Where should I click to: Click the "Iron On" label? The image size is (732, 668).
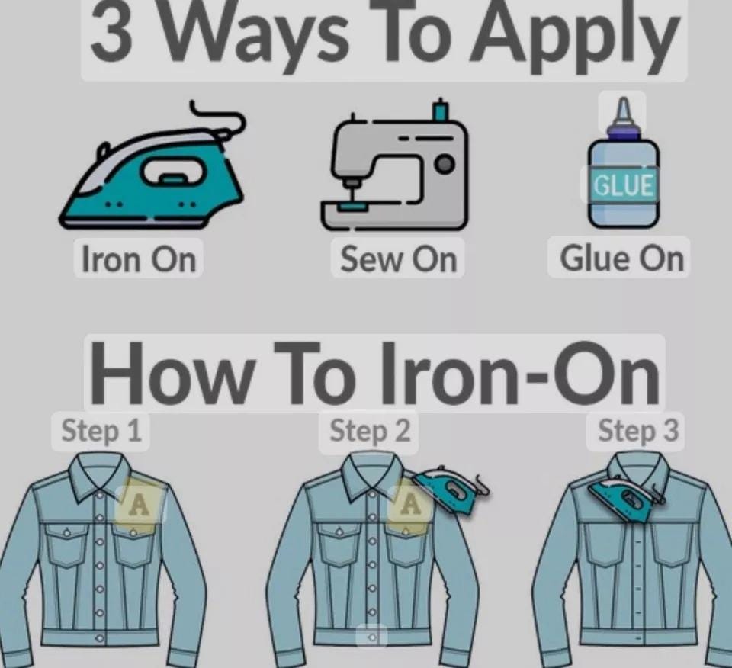139,259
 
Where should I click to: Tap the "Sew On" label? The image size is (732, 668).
398,259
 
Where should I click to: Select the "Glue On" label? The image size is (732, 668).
621,259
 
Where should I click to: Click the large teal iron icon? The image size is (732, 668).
152,178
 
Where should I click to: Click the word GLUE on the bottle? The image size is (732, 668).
623,185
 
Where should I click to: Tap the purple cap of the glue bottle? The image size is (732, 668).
623,130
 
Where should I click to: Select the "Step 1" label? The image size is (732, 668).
101,430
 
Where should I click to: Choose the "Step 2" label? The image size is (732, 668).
370,430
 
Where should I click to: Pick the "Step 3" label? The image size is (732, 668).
637,430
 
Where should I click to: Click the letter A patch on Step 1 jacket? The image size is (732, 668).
139,505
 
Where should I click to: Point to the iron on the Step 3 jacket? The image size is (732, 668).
625,498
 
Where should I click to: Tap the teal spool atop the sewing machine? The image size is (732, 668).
440,111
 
